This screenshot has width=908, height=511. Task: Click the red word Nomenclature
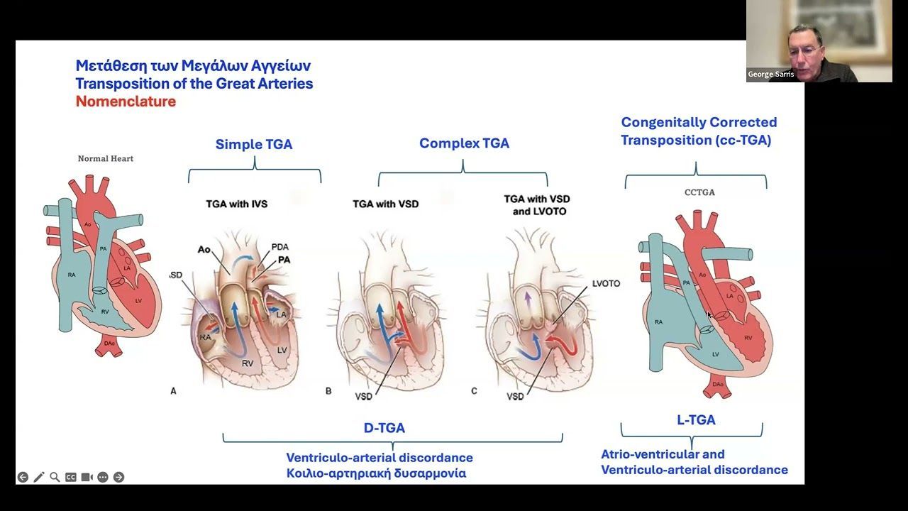tap(126, 101)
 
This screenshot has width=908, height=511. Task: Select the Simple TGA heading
tap(254, 144)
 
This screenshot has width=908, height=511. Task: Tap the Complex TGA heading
tap(464, 143)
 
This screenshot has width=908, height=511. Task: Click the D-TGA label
tap(384, 428)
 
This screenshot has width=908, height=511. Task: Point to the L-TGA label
tap(696, 420)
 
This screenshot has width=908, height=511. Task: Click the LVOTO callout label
tap(606, 284)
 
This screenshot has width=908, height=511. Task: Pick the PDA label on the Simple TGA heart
tap(280, 247)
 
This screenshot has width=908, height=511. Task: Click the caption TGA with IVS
tap(237, 204)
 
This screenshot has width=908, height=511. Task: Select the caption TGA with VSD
tap(385, 204)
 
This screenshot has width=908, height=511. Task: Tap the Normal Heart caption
tap(106, 159)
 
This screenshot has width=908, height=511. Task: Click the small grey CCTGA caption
tap(699, 192)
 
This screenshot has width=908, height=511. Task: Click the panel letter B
tap(328, 390)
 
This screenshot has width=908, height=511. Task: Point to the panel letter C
tap(474, 390)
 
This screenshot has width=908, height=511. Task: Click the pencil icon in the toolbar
tap(38, 477)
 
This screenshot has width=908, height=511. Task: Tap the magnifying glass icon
tap(55, 477)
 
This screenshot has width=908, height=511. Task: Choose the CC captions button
tap(71, 477)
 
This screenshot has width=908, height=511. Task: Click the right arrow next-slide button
tap(118, 477)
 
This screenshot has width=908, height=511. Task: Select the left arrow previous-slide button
tap(23, 477)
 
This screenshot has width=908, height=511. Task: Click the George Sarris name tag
tap(770, 75)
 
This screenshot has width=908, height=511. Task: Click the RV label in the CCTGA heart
tap(747, 338)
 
